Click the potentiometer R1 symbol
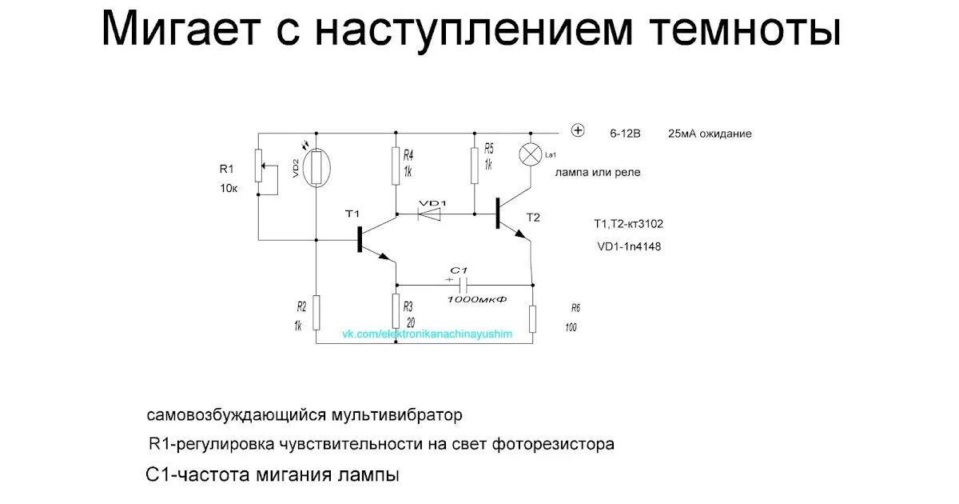pyautogui.click(x=258, y=166)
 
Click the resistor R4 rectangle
pyautogui.click(x=396, y=164)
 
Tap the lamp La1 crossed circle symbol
pyautogui.click(x=531, y=154)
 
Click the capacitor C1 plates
pyautogui.click(x=464, y=284)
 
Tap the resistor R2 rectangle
pyautogui.click(x=316, y=312)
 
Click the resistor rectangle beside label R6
pyautogui.click(x=533, y=319)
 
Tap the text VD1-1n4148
pyautogui.click(x=629, y=246)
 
